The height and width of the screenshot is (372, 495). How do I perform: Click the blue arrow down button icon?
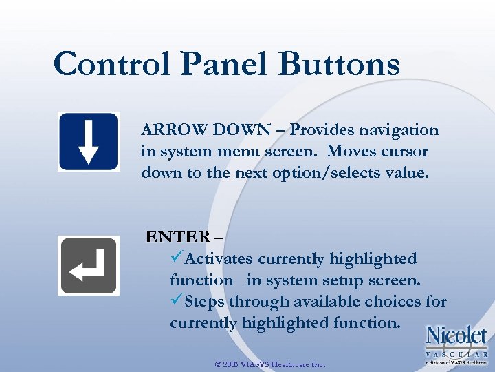[x=88, y=141]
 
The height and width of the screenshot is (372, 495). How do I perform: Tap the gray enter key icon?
[x=88, y=265]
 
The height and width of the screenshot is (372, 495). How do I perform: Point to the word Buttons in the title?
[x=340, y=65]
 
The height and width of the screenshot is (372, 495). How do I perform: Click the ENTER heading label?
[x=178, y=238]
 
